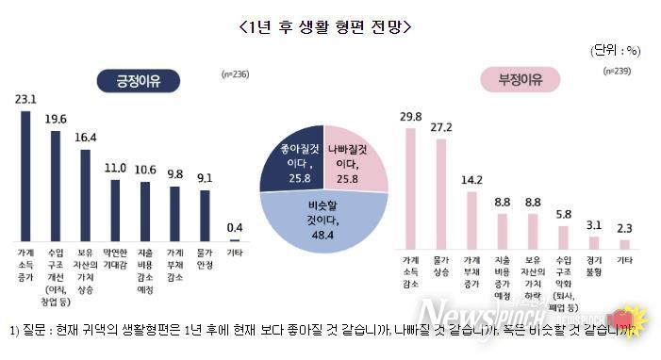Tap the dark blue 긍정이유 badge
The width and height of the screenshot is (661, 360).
click(x=140, y=81)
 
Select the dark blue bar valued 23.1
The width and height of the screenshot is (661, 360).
click(x=25, y=175)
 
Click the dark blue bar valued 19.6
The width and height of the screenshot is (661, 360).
click(x=55, y=185)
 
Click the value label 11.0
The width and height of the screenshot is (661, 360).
click(x=114, y=168)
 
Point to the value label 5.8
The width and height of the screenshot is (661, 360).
click(x=563, y=214)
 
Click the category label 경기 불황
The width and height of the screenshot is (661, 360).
click(x=593, y=265)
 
